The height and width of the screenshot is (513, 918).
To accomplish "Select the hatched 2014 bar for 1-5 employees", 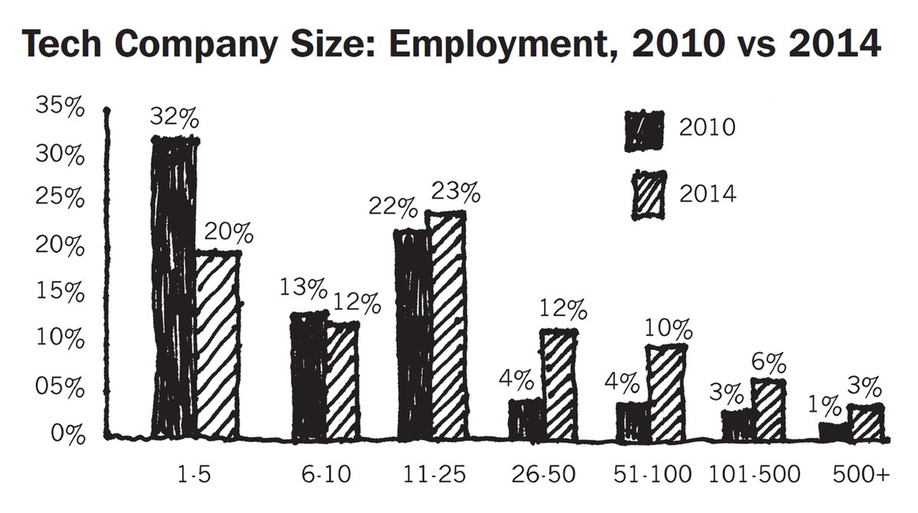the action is click(x=218, y=345).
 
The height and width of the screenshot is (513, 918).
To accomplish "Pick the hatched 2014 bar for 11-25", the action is click(x=448, y=326).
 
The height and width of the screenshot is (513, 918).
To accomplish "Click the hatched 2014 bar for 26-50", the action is click(x=560, y=384).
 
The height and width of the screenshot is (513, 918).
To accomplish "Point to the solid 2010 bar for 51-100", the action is click(x=633, y=423).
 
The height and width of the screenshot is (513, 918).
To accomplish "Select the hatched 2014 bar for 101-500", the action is click(x=769, y=410).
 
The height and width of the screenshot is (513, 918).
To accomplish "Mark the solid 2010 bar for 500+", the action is click(x=835, y=433).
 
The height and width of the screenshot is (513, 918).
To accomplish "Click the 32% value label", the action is click(x=174, y=117).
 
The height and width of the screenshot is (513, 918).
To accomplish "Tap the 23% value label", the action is click(x=456, y=192).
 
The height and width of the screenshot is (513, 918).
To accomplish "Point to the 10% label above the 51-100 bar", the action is click(x=669, y=329).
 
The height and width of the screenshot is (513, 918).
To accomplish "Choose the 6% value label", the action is click(x=770, y=362).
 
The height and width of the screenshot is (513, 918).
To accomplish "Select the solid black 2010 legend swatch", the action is click(x=644, y=131).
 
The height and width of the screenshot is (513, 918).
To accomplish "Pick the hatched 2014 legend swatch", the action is click(x=649, y=195).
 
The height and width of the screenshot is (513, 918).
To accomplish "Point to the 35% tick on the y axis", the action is click(x=60, y=106).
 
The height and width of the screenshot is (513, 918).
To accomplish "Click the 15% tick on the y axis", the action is click(x=60, y=292).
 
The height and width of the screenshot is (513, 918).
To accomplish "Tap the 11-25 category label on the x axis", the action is click(x=435, y=475).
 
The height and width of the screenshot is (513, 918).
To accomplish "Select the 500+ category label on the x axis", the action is click(x=861, y=475).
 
